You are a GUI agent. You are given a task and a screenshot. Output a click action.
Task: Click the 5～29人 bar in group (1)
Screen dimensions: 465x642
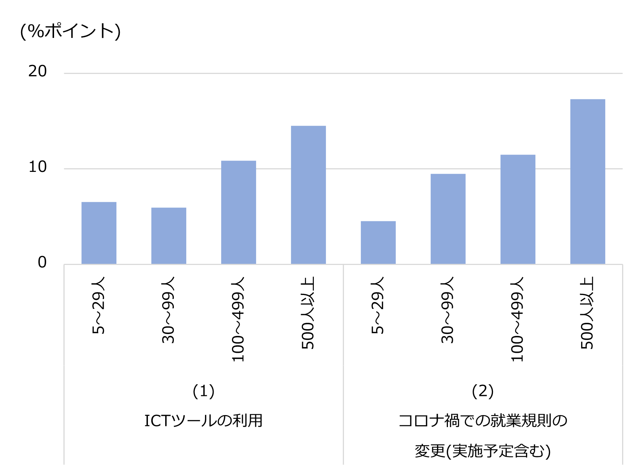click(99, 233)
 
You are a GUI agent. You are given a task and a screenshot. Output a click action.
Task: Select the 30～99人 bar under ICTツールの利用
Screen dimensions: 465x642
click(169, 236)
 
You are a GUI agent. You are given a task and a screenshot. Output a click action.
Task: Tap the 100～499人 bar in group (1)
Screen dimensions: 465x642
click(238, 212)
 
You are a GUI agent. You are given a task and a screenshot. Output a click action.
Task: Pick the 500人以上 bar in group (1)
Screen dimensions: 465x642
click(308, 195)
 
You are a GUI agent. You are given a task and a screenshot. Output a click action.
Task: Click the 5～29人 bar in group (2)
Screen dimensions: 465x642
click(378, 242)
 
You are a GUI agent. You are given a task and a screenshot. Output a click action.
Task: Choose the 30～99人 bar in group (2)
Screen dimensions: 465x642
click(448, 219)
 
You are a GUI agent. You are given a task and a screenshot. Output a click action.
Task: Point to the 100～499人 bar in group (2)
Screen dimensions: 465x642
click(518, 209)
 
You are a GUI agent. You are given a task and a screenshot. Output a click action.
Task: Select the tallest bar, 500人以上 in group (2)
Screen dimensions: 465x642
click(588, 181)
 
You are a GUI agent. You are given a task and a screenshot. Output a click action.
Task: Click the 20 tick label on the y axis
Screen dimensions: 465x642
click(38, 71)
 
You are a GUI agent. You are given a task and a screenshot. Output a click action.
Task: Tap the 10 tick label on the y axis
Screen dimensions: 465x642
click(38, 167)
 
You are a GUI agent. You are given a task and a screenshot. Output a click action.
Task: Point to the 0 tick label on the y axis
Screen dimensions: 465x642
click(42, 262)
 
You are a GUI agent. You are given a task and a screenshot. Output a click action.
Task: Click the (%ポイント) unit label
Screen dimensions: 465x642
click(70, 31)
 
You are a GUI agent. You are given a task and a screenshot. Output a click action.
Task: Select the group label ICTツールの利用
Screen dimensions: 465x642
click(203, 421)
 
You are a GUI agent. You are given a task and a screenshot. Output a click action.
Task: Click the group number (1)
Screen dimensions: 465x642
click(203, 391)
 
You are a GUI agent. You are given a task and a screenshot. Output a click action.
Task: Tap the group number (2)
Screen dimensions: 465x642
click(482, 391)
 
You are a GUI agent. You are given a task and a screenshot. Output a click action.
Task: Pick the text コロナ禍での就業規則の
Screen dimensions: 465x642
click(482, 421)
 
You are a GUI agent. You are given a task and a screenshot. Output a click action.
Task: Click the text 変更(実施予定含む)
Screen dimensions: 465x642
click(482, 451)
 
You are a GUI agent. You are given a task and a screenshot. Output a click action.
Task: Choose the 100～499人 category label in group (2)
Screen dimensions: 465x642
click(517, 319)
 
